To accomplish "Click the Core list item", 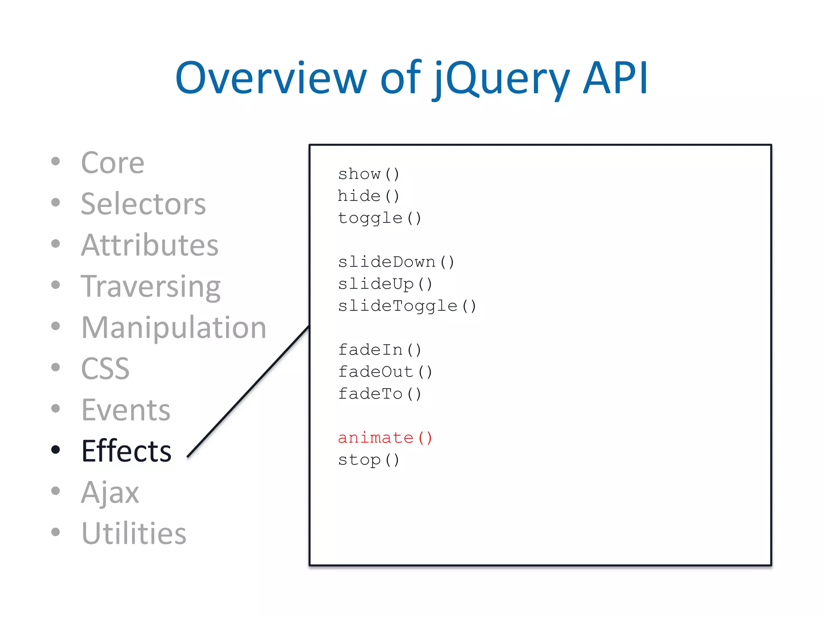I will click(x=112, y=163).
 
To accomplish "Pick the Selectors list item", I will click(x=143, y=204).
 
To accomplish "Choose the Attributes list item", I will click(x=149, y=245).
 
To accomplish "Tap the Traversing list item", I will click(x=150, y=286).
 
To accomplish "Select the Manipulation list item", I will click(x=173, y=328).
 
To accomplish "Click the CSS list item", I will click(x=105, y=369).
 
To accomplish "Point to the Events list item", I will click(x=126, y=410).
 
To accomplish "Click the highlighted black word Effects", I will click(x=126, y=451).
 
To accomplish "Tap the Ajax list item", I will click(x=110, y=492).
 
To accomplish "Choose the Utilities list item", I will click(x=134, y=534).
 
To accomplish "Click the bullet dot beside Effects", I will click(x=56, y=449).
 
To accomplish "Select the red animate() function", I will click(x=385, y=438).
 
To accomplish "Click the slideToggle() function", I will click(x=407, y=306).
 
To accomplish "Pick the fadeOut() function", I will click(x=385, y=372).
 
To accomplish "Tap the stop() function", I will click(x=369, y=459).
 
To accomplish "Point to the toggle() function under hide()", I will click(x=379, y=218).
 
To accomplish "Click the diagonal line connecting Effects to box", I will click(x=248, y=391).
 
